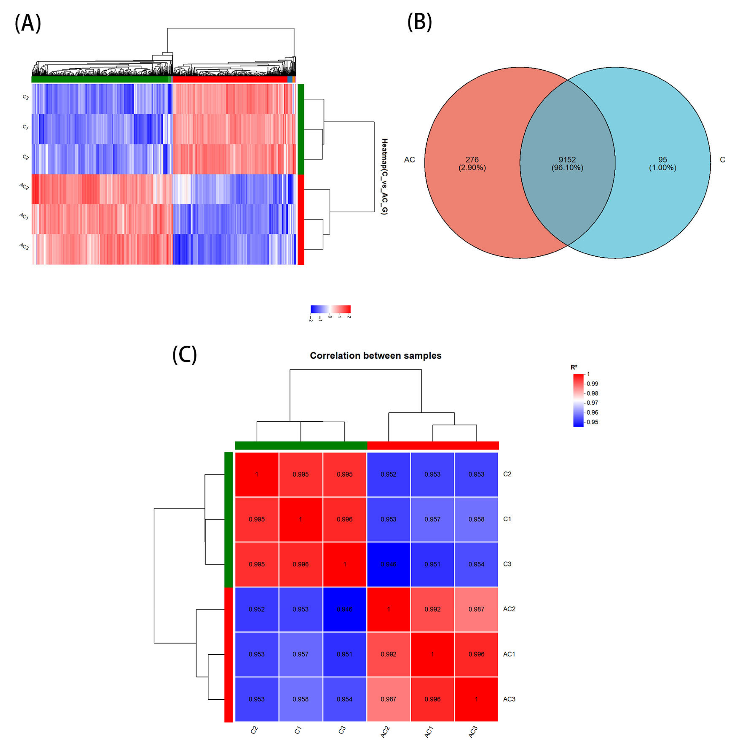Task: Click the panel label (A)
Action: click(x=28, y=23)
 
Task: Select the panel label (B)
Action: click(x=419, y=22)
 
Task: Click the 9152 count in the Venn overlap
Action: click(x=567, y=159)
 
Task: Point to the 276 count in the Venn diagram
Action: click(x=472, y=159)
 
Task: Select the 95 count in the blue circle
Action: click(x=662, y=159)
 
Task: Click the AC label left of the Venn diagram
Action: click(x=409, y=159)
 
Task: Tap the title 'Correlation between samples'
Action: click(x=375, y=355)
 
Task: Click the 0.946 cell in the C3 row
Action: click(x=389, y=564)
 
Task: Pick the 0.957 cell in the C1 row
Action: click(x=432, y=519)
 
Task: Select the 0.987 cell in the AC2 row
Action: click(x=476, y=609)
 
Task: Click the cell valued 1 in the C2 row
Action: click(x=257, y=474)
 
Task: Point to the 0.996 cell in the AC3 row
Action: click(x=432, y=699)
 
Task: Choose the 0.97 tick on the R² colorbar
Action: click(x=592, y=403)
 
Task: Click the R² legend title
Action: click(x=574, y=367)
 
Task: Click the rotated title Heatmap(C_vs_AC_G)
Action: click(x=384, y=176)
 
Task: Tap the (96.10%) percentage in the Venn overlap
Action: click(x=567, y=168)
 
